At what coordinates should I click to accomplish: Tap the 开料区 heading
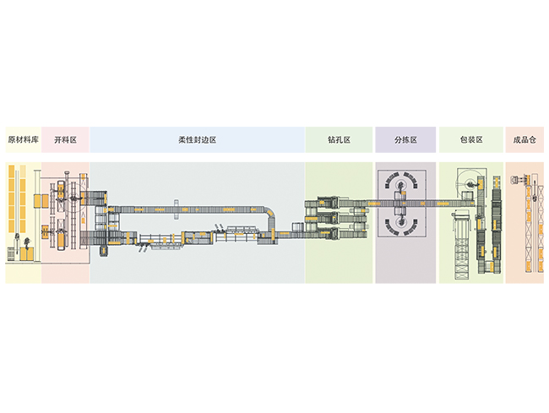click(x=65, y=139)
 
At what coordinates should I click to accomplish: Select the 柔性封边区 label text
click(x=198, y=139)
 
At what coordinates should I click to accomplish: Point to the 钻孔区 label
click(x=339, y=139)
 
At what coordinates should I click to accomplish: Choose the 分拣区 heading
click(x=406, y=139)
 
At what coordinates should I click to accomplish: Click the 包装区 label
click(x=470, y=139)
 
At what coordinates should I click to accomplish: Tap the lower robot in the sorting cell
click(x=404, y=224)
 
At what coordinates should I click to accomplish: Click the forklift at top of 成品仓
click(x=516, y=179)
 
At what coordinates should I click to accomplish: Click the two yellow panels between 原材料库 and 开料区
click(x=40, y=202)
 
